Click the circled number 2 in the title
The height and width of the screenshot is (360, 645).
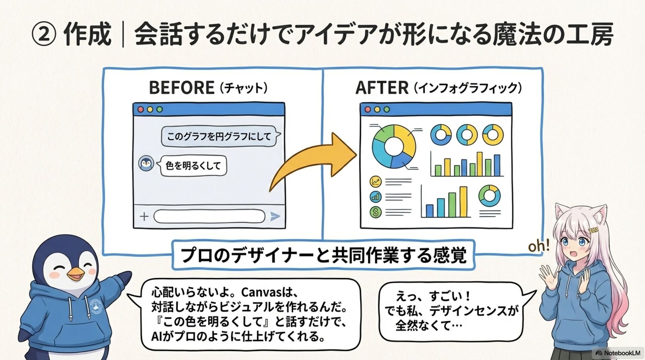pyautogui.click(x=43, y=35)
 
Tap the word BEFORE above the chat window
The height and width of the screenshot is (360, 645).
pyautogui.click(x=181, y=88)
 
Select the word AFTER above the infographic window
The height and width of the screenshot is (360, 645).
pyautogui.click(x=382, y=88)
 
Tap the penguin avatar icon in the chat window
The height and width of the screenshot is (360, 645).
pyautogui.click(x=146, y=164)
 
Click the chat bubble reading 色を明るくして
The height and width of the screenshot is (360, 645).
pyautogui.click(x=193, y=166)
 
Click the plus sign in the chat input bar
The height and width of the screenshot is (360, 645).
pyautogui.click(x=144, y=216)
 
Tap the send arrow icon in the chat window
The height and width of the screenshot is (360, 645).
pyautogui.click(x=275, y=216)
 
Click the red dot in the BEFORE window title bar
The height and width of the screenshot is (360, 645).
pyautogui.click(x=141, y=109)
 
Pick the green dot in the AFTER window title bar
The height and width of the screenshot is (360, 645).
pyautogui.click(x=387, y=109)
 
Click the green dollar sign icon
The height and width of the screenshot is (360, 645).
pyautogui.click(x=376, y=212)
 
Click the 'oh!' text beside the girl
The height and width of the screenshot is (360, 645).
pyautogui.click(x=539, y=246)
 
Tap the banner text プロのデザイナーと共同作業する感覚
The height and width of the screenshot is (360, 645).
pyautogui.click(x=323, y=255)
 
